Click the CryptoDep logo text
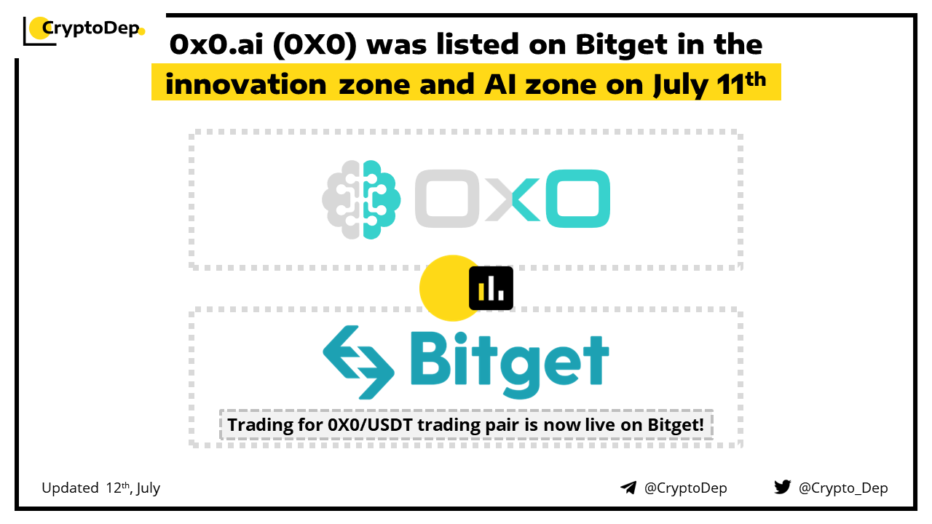(x=91, y=28)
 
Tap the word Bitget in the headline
(x=622, y=45)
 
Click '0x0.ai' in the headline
(x=216, y=44)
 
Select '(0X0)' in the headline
(x=315, y=45)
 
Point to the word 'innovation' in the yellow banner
(x=246, y=84)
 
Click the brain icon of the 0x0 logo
(x=361, y=199)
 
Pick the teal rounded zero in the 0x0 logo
(x=578, y=199)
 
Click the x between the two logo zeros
(x=513, y=199)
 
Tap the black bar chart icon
(x=491, y=288)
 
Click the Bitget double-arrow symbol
(x=359, y=362)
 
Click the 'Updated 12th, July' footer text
(x=100, y=488)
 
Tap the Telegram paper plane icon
(x=628, y=488)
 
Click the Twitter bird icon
(x=783, y=487)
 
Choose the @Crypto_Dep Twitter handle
(x=843, y=488)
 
